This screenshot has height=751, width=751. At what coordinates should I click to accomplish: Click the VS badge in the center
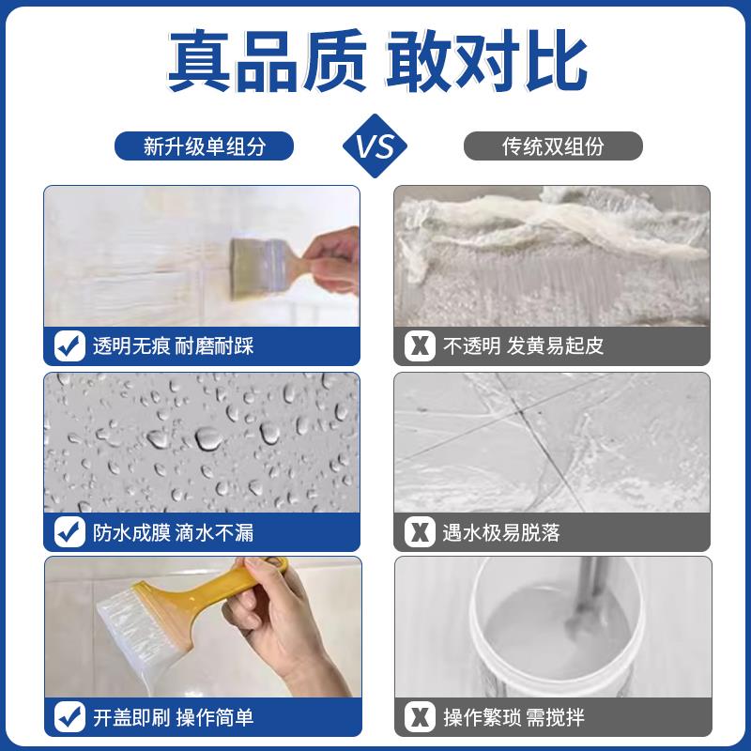375,146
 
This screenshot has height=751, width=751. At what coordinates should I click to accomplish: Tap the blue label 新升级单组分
204,146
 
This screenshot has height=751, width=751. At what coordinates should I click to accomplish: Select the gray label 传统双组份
553,146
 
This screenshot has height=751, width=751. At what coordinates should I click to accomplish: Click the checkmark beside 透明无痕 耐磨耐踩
69,345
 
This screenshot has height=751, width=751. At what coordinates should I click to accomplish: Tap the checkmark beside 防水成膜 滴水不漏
69,532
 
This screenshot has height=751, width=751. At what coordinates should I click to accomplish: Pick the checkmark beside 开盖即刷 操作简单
69,718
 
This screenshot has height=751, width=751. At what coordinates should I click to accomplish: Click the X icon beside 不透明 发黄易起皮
420,345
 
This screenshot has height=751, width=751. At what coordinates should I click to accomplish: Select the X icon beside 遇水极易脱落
420,532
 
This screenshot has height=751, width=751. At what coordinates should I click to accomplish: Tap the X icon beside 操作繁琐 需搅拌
420,718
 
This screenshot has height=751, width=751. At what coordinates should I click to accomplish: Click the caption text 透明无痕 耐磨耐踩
173,346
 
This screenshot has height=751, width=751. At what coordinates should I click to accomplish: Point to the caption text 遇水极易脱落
501,533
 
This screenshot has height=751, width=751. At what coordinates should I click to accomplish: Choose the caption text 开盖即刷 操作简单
173,719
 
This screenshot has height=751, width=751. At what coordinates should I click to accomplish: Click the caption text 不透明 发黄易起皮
523,346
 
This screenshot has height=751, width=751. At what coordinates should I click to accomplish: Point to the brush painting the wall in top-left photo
263,257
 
